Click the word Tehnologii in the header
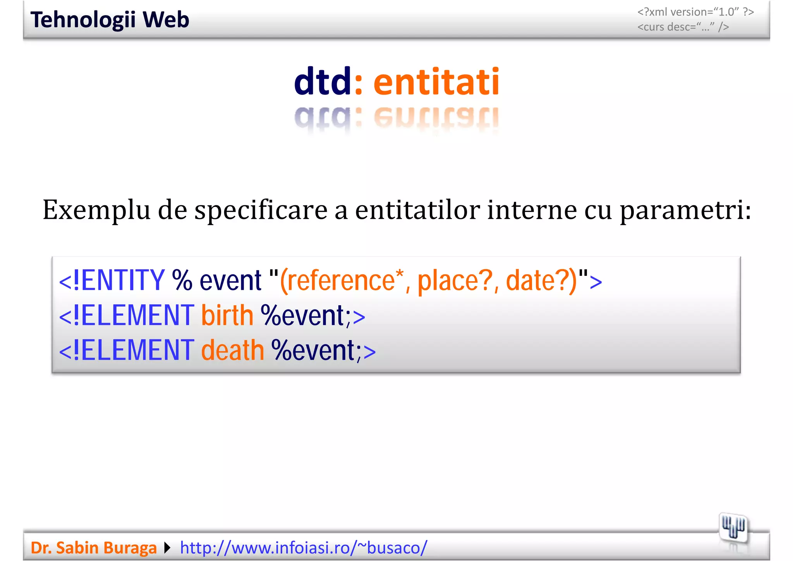click(83, 20)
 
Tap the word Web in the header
click(166, 20)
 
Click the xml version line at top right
click(695, 12)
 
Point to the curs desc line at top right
click(683, 27)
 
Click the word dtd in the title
click(322, 82)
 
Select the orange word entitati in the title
click(436, 82)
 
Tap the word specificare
click(261, 210)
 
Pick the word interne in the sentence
click(532, 210)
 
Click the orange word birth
click(227, 315)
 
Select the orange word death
click(232, 350)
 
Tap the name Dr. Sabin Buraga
click(94, 548)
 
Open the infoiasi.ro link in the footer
click(304, 548)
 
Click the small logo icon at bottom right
click(733, 528)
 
